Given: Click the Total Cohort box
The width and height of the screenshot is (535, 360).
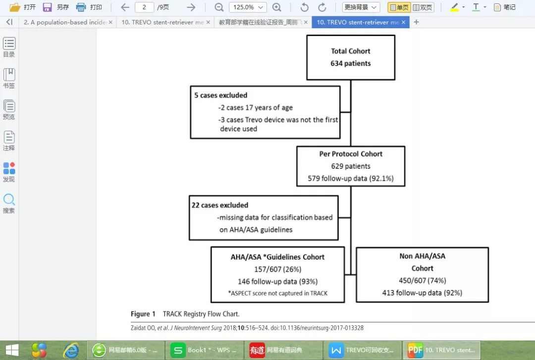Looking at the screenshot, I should (x=351, y=57).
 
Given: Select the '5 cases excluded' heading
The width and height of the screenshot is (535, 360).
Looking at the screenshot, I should (x=220, y=95).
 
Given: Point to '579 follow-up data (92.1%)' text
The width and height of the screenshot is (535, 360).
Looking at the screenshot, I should (x=351, y=178).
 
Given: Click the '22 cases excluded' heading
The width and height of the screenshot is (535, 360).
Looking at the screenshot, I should (x=220, y=205).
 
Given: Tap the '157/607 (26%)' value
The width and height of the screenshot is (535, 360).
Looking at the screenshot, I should (x=277, y=269).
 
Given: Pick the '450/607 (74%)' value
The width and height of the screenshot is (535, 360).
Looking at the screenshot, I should (x=422, y=280).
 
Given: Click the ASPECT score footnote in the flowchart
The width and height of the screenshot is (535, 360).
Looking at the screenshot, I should (x=277, y=293).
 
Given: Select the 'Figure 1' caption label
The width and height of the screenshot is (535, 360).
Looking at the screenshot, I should (x=143, y=314).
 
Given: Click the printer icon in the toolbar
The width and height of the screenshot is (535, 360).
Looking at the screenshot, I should (x=81, y=7).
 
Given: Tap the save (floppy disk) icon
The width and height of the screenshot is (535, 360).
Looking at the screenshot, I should (x=47, y=7).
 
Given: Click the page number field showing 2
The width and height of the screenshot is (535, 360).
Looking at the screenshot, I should (x=144, y=7).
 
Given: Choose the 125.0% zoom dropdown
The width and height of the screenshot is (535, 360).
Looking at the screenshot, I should (x=248, y=7).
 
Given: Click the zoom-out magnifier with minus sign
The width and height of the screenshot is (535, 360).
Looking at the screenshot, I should (x=219, y=7).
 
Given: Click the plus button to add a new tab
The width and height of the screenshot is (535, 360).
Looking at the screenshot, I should (x=416, y=22).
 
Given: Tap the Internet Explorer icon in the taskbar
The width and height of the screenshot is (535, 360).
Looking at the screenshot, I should (x=71, y=350).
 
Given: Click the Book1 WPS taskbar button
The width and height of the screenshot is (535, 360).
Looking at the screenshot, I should (x=205, y=350).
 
